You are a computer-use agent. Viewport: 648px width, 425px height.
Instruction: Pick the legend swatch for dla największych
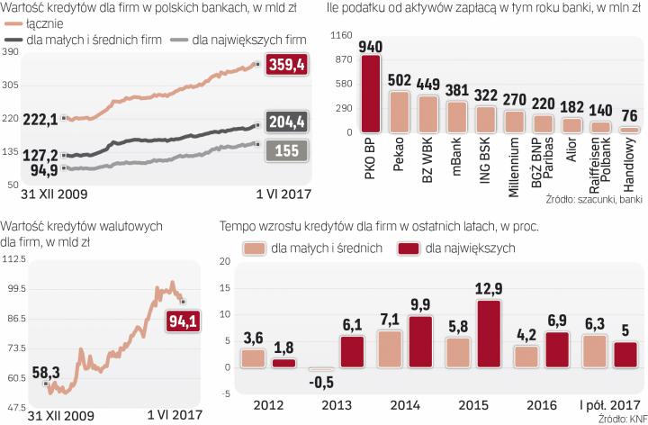(410, 247)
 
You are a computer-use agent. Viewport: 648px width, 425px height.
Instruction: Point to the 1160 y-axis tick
(340, 36)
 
